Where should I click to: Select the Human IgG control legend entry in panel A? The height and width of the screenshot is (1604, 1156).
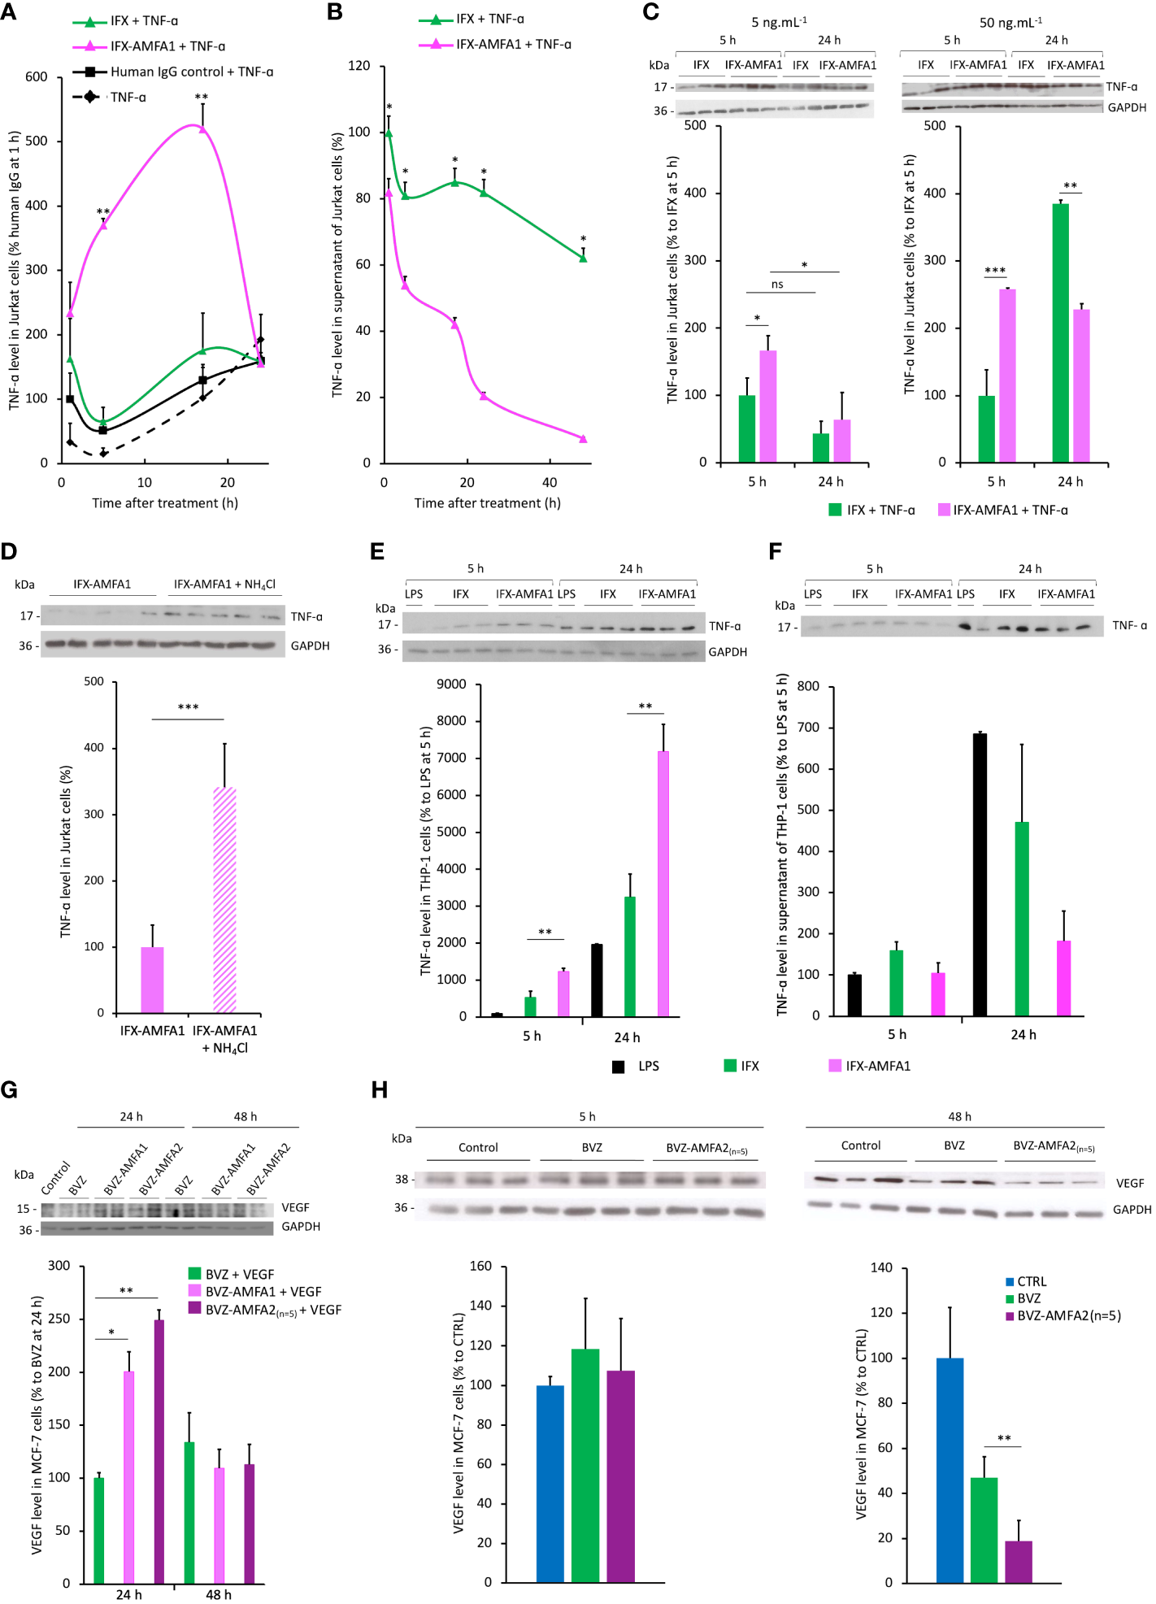click(191, 72)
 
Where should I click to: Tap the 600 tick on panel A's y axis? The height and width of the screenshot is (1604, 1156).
click(37, 77)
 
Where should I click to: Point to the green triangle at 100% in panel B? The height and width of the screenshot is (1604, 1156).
click(389, 133)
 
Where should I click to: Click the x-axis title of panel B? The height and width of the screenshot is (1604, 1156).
click(487, 503)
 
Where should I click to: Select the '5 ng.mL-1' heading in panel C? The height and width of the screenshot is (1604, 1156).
click(779, 22)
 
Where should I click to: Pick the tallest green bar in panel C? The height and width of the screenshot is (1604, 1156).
click(1060, 333)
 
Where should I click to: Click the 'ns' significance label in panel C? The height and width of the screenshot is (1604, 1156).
click(777, 285)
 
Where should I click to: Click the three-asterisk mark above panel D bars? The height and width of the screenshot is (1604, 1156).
click(188, 707)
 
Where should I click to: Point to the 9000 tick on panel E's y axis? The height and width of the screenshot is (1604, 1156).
click(451, 685)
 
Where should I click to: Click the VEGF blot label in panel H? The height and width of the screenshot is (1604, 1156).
click(1129, 1183)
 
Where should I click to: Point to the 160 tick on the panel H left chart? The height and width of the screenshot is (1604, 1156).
click(480, 1266)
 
